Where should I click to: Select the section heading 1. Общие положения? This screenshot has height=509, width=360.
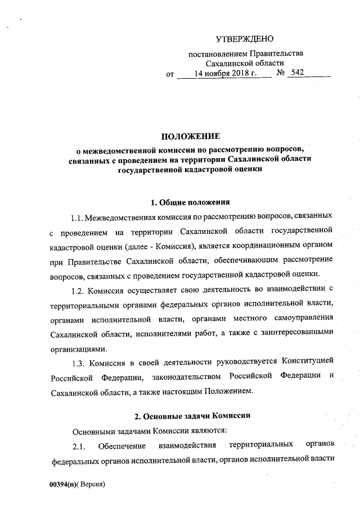[190, 202]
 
